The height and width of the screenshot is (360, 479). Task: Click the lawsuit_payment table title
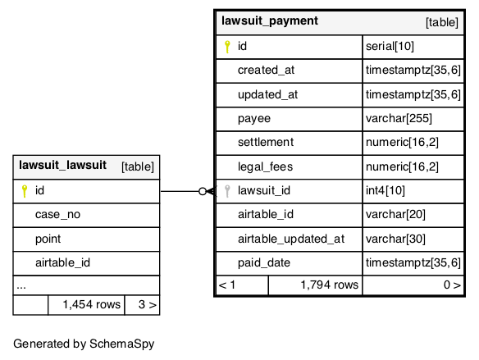point(270,21)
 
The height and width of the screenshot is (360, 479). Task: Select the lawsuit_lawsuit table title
point(62,165)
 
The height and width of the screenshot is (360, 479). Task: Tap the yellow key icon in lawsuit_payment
point(227,47)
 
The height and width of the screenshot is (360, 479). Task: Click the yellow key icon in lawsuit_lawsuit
point(25,191)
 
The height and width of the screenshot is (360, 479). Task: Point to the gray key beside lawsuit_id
point(227,191)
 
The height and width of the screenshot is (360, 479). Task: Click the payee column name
point(254,119)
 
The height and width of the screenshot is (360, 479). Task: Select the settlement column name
point(266,143)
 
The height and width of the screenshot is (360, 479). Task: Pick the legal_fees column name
point(265,167)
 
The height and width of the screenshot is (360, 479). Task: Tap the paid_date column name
point(264,263)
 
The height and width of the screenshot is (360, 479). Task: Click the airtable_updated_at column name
point(291,239)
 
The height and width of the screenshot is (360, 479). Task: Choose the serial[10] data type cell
point(390,47)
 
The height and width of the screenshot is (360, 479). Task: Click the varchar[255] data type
point(399,118)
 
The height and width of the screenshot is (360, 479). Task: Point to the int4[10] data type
point(385,191)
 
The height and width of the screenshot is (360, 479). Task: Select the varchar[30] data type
point(395,239)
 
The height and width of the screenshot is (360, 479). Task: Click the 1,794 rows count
point(330,285)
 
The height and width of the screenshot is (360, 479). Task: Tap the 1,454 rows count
point(91,305)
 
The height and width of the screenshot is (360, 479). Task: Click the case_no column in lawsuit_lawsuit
point(57,215)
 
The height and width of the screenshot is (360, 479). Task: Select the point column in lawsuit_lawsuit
point(48,239)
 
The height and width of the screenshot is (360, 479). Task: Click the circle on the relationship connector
point(203,191)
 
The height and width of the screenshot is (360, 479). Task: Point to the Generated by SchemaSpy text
point(84,344)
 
